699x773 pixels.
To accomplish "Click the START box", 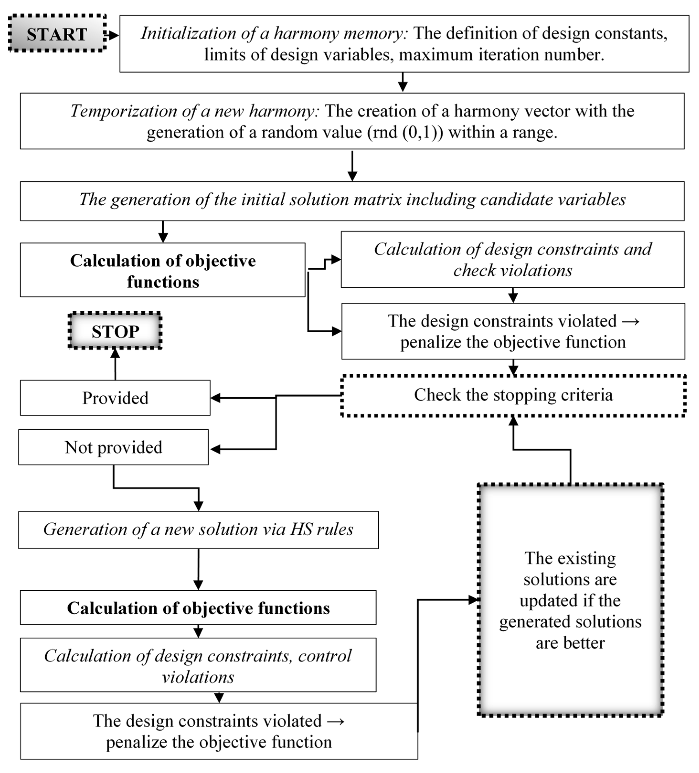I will click(57, 34).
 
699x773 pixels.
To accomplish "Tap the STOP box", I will click(115, 331).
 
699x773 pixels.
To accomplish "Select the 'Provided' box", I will click(115, 398).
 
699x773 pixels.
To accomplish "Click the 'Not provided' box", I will click(113, 447).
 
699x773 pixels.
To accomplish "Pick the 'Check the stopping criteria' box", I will click(513, 395).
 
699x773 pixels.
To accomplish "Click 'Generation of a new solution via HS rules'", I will click(198, 530).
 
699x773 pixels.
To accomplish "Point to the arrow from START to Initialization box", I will click(112, 36).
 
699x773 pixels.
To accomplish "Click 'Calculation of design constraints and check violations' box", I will click(512, 260).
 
